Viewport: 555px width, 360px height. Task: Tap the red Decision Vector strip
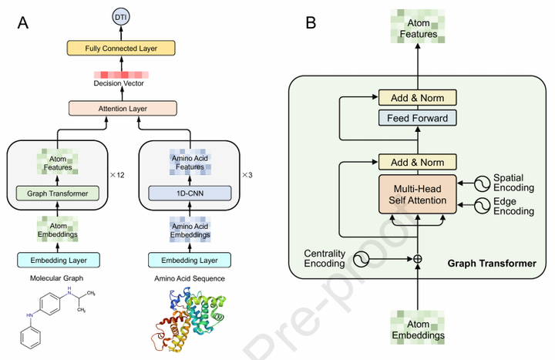(x=119, y=75)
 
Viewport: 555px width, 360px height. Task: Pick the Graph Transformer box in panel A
(x=58, y=193)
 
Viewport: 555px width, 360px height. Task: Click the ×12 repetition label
(x=117, y=175)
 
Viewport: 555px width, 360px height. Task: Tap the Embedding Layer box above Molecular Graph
(x=58, y=260)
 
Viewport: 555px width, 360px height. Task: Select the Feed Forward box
(x=417, y=117)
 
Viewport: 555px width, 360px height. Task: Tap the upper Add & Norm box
(x=417, y=97)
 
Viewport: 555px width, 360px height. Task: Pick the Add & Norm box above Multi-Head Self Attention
(x=417, y=162)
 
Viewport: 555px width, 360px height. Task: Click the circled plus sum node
(x=417, y=258)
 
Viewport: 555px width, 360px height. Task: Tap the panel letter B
(x=311, y=23)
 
